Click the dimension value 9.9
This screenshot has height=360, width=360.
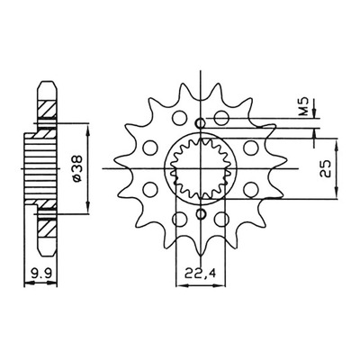point(40,274)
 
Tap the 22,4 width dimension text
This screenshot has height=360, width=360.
point(200,274)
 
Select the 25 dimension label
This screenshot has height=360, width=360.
point(325,169)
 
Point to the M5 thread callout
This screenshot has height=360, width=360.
point(305,106)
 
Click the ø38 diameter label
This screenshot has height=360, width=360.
point(76,168)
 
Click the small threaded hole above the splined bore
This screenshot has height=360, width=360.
point(201,123)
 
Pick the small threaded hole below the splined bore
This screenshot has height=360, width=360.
point(201,213)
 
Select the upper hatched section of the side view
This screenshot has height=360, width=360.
point(48,109)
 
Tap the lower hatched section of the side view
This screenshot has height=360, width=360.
point(48,228)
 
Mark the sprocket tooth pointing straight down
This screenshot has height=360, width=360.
point(200,251)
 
